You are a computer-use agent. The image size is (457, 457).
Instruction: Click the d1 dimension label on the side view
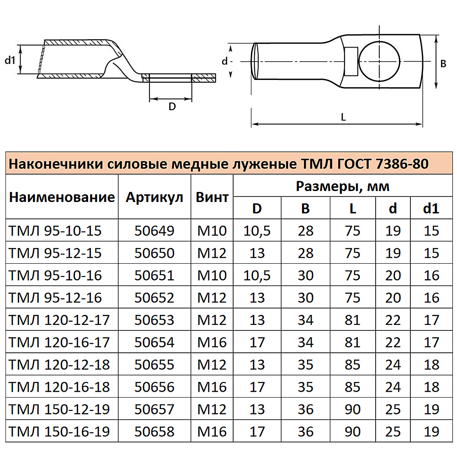[x=10, y=60]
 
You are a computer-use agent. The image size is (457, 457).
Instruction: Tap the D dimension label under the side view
[x=172, y=106]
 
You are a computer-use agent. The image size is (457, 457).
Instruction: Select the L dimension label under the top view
[x=343, y=117]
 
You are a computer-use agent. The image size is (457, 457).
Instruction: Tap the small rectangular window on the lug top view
[x=351, y=61]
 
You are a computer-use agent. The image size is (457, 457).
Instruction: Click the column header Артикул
[x=154, y=197]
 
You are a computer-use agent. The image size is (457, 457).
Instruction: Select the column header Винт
[x=212, y=197]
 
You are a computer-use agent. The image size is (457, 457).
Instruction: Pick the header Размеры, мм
[x=343, y=186]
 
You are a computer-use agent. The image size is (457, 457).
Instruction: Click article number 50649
[x=154, y=231]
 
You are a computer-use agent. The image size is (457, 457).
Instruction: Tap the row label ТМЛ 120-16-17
[x=59, y=342]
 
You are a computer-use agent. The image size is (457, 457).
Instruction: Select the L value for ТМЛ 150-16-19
[x=352, y=431]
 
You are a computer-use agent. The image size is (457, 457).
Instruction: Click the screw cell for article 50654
[x=212, y=342]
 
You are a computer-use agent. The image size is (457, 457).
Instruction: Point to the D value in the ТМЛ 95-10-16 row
[x=257, y=276]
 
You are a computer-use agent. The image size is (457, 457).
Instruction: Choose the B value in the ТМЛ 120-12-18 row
[x=306, y=365]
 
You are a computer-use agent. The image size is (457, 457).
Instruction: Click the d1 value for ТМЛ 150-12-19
[x=431, y=409]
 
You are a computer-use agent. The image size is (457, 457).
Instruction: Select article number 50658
[x=154, y=431]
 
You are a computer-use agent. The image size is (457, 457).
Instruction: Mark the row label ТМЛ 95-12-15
[x=55, y=253]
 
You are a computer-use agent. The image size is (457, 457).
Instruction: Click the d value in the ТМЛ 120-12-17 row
[x=393, y=320]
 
